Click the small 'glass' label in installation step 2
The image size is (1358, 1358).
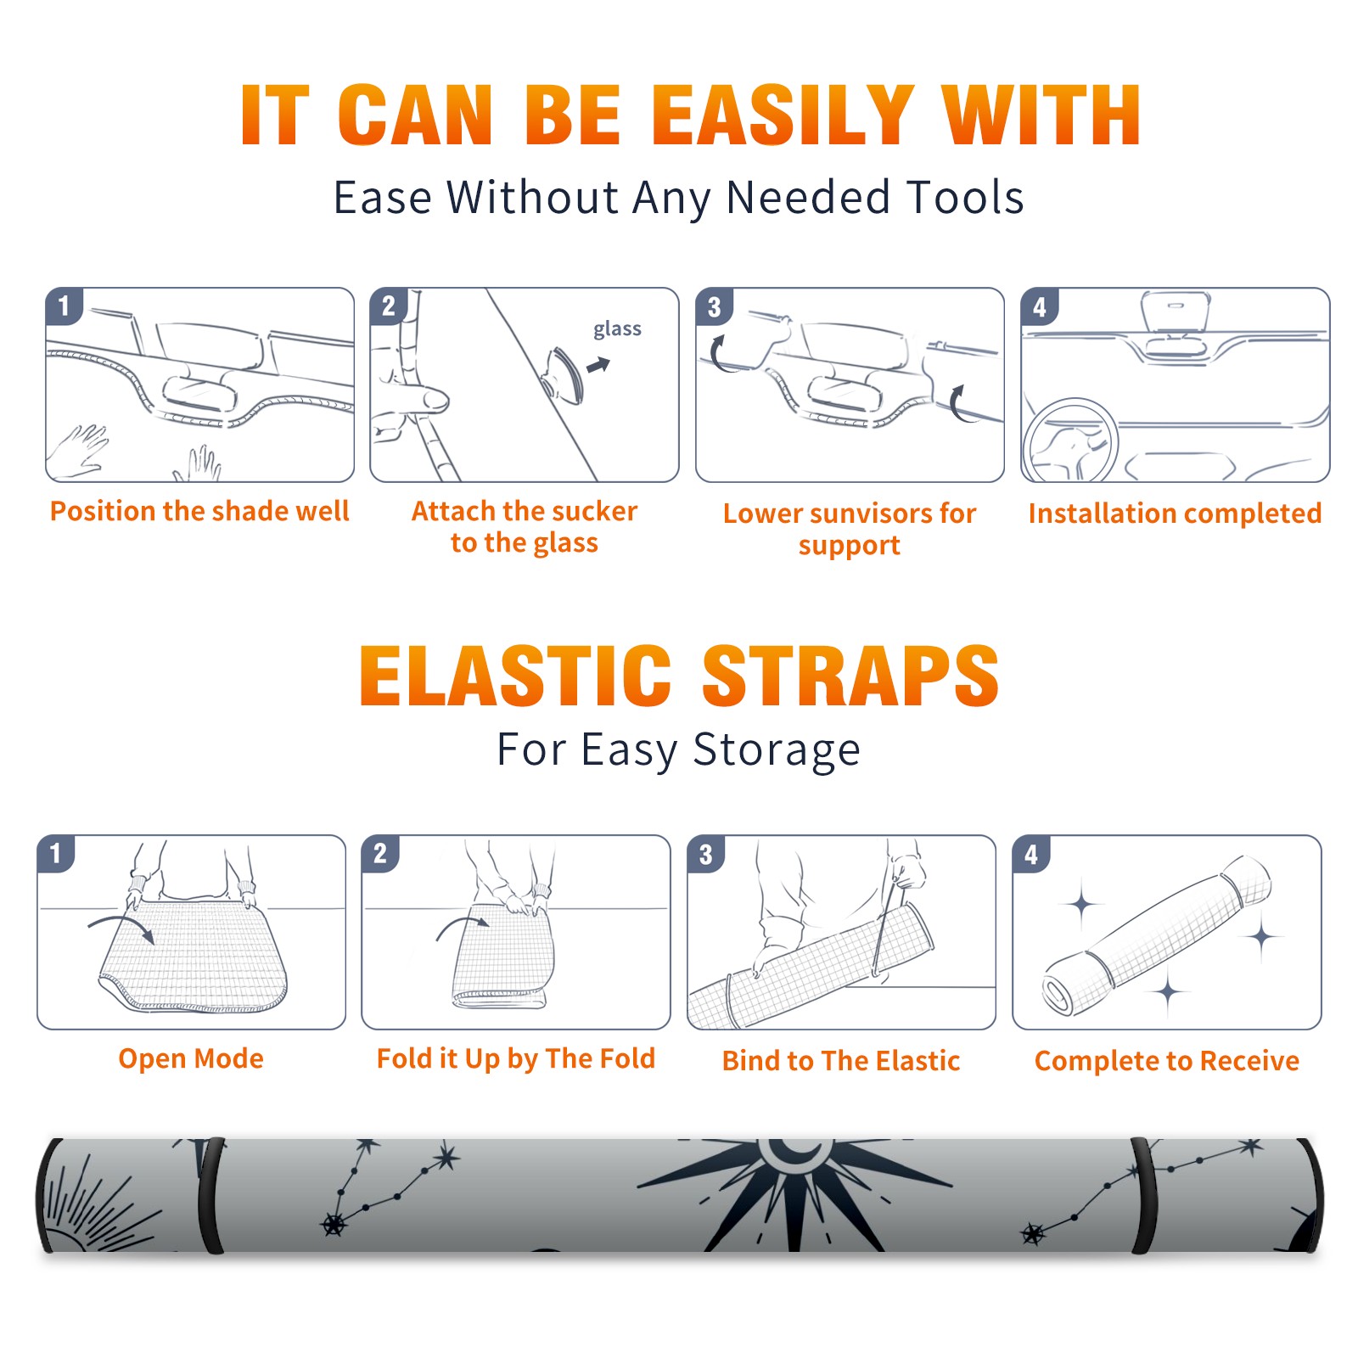pos(617,329)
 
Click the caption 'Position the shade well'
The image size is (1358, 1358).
pos(199,511)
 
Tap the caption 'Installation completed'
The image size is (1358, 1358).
pos(1175,513)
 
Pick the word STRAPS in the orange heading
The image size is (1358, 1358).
pos(850,676)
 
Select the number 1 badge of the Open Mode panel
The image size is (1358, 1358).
pos(56,853)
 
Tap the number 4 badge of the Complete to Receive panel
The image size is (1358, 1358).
pos(1031,854)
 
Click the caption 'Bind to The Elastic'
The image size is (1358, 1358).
pos(841,1061)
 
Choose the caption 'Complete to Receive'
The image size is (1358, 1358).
pos(1167,1061)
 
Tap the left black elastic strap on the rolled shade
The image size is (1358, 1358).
pos(210,1195)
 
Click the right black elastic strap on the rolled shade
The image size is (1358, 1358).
pos(1142,1195)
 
